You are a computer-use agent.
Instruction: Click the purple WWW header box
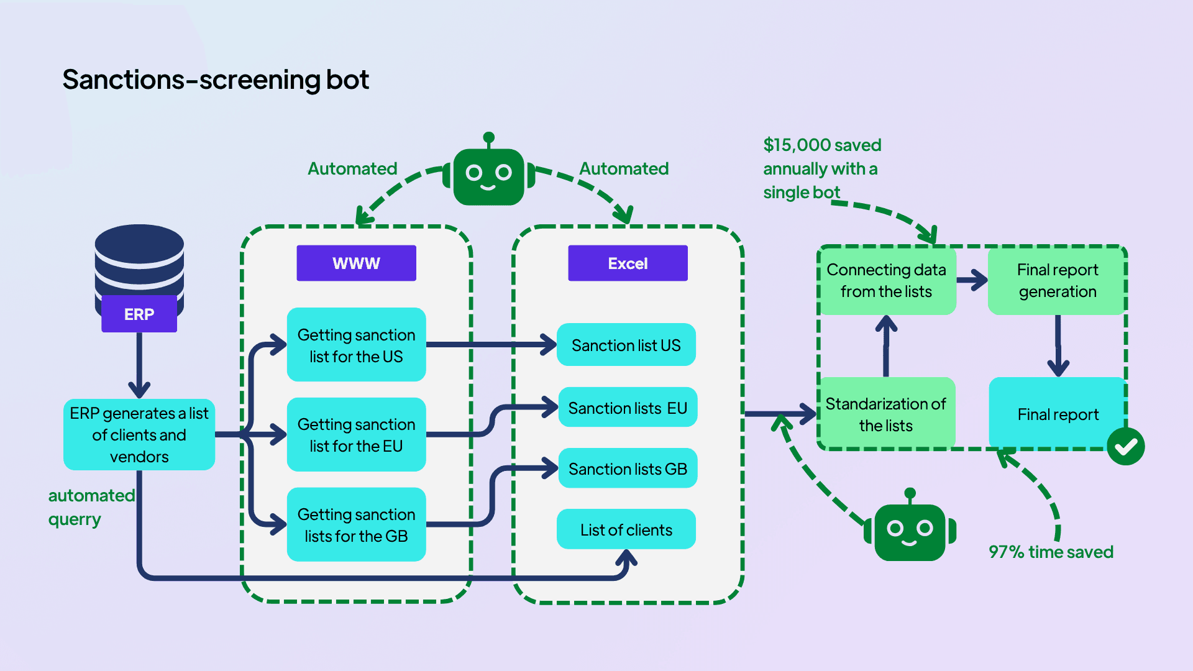pyautogui.click(x=356, y=263)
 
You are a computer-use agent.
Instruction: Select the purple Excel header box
pyautogui.click(x=628, y=263)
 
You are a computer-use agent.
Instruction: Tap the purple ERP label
pyautogui.click(x=139, y=314)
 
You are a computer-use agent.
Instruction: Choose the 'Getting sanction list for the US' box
pyautogui.click(x=356, y=345)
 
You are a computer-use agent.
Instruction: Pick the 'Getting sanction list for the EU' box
pyautogui.click(x=356, y=434)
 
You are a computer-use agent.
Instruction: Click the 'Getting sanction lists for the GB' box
pyautogui.click(x=356, y=524)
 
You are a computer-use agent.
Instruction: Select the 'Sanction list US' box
pyautogui.click(x=626, y=345)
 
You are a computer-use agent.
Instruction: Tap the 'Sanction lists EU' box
pyautogui.click(x=628, y=408)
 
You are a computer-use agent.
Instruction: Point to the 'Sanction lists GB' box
pyautogui.click(x=628, y=468)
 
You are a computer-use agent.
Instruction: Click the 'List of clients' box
pyautogui.click(x=626, y=529)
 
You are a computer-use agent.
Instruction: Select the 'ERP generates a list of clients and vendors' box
pyautogui.click(x=139, y=434)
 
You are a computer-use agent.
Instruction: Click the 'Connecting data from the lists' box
pyautogui.click(x=886, y=280)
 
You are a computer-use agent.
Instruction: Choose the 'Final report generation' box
pyautogui.click(x=1057, y=280)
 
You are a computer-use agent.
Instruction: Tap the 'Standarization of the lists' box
pyautogui.click(x=886, y=414)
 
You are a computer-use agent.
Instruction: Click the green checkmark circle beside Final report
pyautogui.click(x=1125, y=446)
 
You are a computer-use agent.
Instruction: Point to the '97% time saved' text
pyautogui.click(x=1051, y=552)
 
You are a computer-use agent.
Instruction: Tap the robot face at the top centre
pyautogui.click(x=489, y=175)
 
